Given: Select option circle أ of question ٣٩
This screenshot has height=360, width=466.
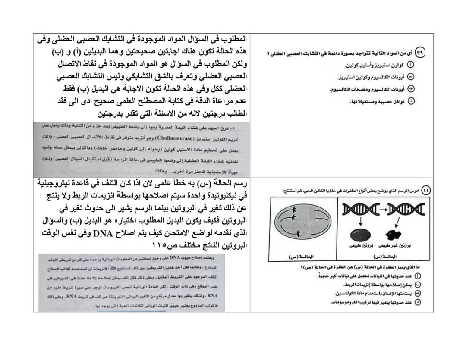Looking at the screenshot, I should coord(410,65).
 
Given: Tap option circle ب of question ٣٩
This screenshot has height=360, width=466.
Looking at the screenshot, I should coord(410,77).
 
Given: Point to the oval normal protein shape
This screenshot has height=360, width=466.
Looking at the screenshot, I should coord(360,235).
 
